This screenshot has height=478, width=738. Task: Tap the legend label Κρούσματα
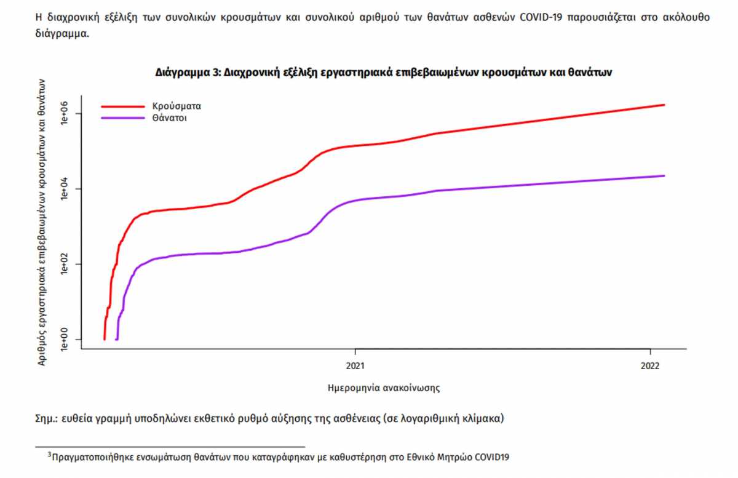(x=177, y=106)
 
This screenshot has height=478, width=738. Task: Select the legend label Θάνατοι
(x=170, y=118)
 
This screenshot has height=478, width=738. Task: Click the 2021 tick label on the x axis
(x=355, y=365)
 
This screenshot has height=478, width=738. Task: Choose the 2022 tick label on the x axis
(x=650, y=365)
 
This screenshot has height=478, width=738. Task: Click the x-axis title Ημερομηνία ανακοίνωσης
(x=384, y=388)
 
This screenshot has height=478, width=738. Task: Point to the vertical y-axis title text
(x=42, y=223)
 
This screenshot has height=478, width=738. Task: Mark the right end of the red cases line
(x=664, y=105)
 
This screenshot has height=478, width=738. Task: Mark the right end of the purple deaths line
(x=664, y=176)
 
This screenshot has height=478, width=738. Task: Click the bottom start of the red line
(x=105, y=338)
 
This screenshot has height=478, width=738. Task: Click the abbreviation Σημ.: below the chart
(x=47, y=419)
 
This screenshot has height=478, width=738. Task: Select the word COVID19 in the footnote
(x=491, y=457)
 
